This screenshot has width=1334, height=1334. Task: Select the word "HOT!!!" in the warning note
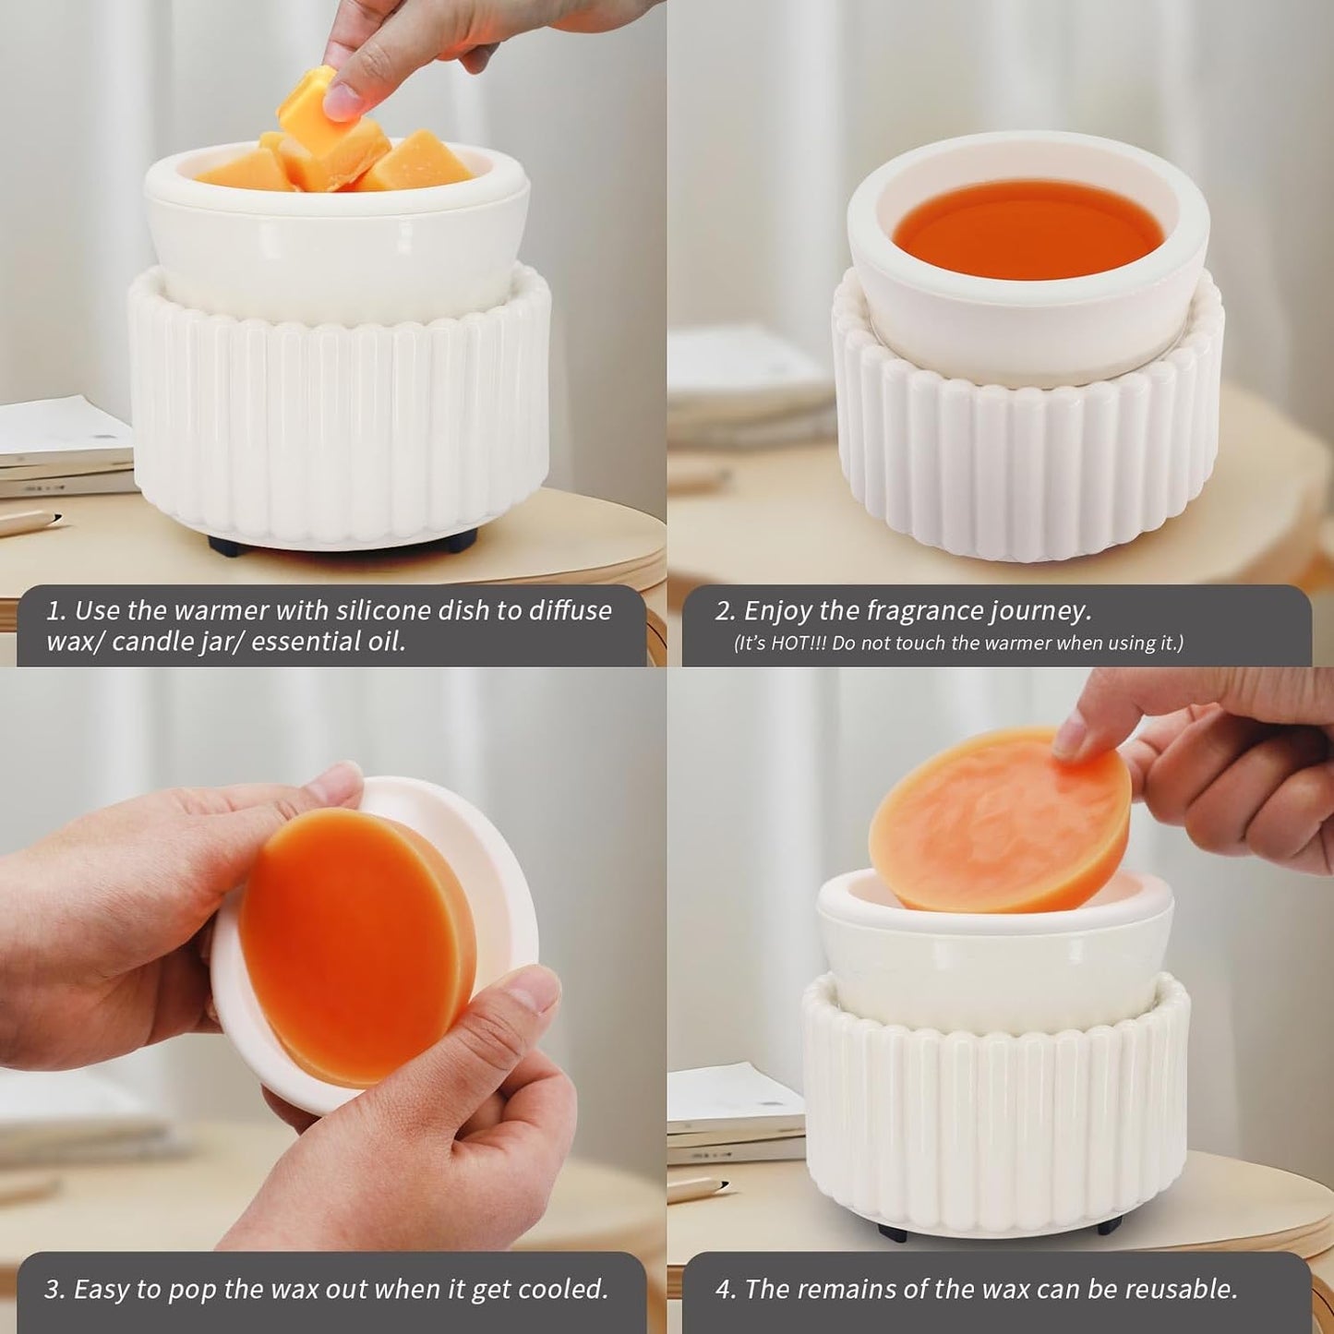(x=799, y=643)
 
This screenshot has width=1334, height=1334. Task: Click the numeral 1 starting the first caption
(x=54, y=611)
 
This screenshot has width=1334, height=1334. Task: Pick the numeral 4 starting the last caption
(x=723, y=1289)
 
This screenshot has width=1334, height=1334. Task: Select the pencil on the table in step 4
(x=697, y=1188)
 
